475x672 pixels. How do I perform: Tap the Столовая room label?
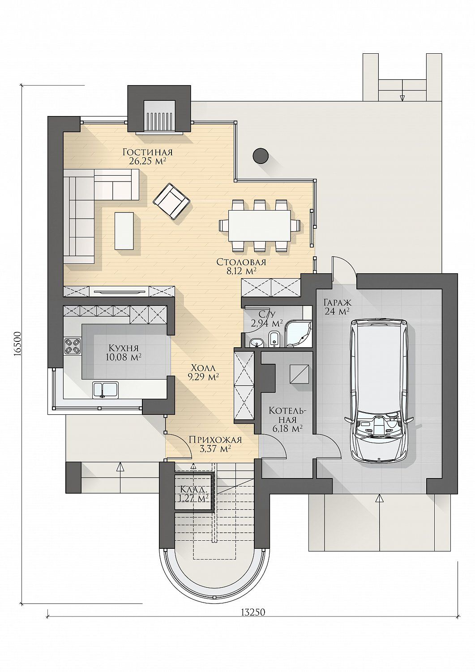click(x=241, y=262)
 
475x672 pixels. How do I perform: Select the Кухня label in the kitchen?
click(x=124, y=348)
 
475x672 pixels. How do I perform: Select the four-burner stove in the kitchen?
click(x=72, y=345)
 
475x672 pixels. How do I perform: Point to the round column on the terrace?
click(x=261, y=156)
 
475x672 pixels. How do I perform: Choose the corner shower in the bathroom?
click(x=298, y=335)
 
